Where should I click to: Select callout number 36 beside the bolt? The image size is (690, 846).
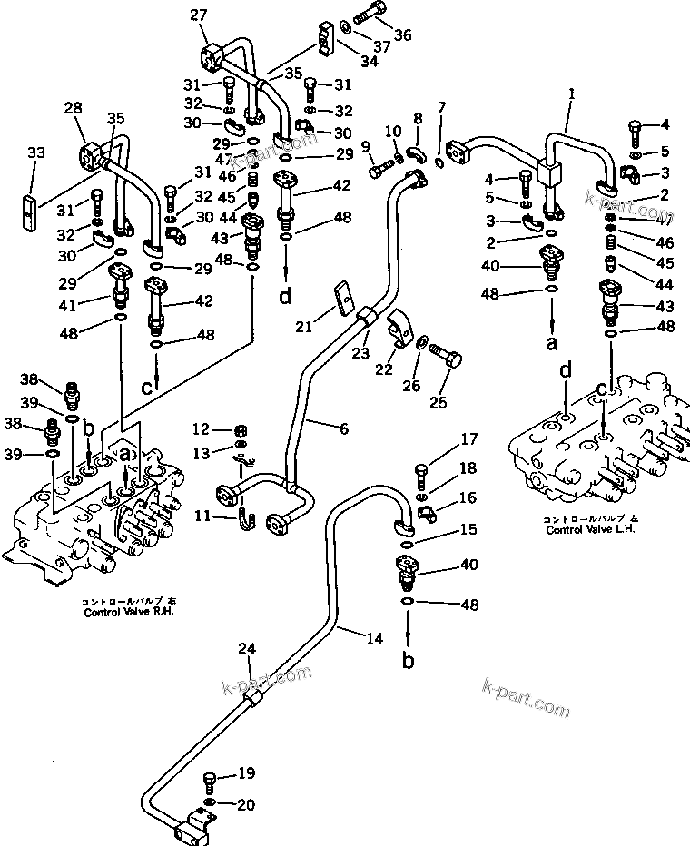coord(402,34)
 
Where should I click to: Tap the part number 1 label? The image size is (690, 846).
coord(572,93)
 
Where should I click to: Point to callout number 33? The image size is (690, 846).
coord(35,153)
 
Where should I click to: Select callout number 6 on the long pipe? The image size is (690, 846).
coord(343,429)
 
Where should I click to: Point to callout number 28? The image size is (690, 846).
coord(73,110)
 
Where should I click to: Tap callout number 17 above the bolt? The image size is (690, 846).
coord(468,441)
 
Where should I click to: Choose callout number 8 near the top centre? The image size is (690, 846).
coord(418,118)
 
